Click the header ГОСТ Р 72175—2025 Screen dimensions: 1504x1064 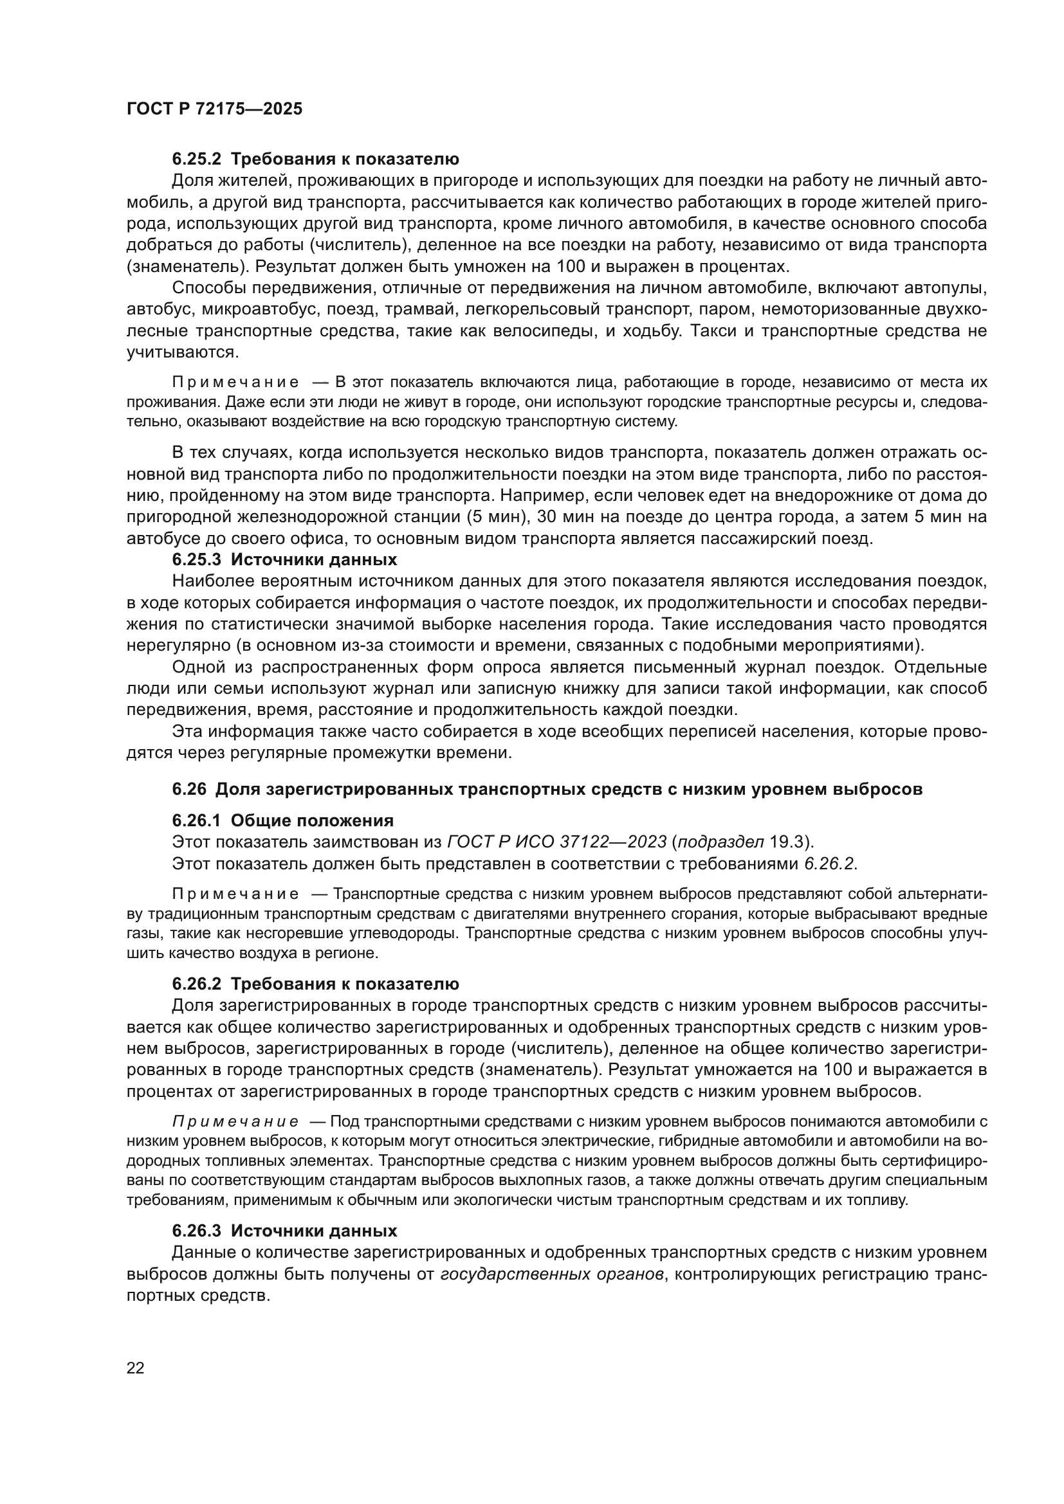pos(214,109)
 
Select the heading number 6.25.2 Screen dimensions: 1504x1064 pos(197,159)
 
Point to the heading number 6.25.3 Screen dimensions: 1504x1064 pos(197,560)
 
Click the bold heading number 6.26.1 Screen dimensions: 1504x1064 pos(197,820)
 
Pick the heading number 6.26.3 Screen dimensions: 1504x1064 pos(197,1231)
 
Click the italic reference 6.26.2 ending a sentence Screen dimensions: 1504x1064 pos(829,864)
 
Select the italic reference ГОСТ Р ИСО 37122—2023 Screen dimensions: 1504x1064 pos(557,842)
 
